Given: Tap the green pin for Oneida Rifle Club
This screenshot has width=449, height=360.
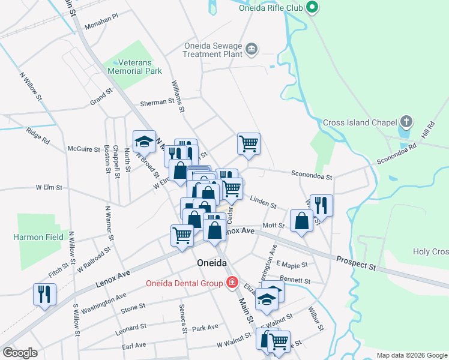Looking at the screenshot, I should click(312, 8).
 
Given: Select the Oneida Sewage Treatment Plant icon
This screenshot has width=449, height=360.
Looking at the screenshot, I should click(252, 48).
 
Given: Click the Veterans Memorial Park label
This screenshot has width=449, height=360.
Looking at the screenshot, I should click(135, 67).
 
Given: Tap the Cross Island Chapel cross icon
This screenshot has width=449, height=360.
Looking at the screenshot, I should click(406, 122).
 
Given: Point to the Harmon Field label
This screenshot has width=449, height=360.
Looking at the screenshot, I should click(38, 237).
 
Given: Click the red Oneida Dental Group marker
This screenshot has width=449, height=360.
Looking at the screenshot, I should click(231, 283).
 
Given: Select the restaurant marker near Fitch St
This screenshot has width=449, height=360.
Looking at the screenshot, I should click(46, 294).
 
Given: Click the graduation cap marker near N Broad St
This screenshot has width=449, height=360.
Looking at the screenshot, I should click(144, 142).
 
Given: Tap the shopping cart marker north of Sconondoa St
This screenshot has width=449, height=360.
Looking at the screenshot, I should click(249, 144).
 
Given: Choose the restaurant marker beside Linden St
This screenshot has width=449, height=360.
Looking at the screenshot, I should click(321, 205).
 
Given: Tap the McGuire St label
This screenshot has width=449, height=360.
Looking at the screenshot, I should click(83, 148).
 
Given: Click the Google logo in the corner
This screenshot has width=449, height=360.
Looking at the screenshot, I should click(20, 353).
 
